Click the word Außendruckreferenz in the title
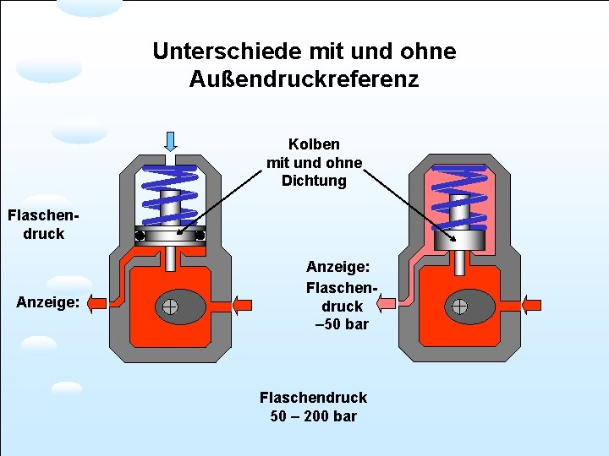(x=304, y=80)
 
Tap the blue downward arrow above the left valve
(x=170, y=140)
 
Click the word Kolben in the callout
(x=314, y=144)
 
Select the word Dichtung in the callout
(x=314, y=181)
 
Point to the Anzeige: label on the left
(x=48, y=301)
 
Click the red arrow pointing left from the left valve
(x=97, y=303)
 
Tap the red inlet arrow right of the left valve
(x=241, y=304)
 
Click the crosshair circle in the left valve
(x=170, y=307)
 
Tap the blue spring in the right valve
(x=459, y=196)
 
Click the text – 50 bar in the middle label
(x=342, y=324)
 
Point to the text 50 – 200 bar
(x=313, y=416)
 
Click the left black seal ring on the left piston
(x=140, y=236)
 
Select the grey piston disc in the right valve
(x=459, y=241)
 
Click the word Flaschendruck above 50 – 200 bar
(x=313, y=397)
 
